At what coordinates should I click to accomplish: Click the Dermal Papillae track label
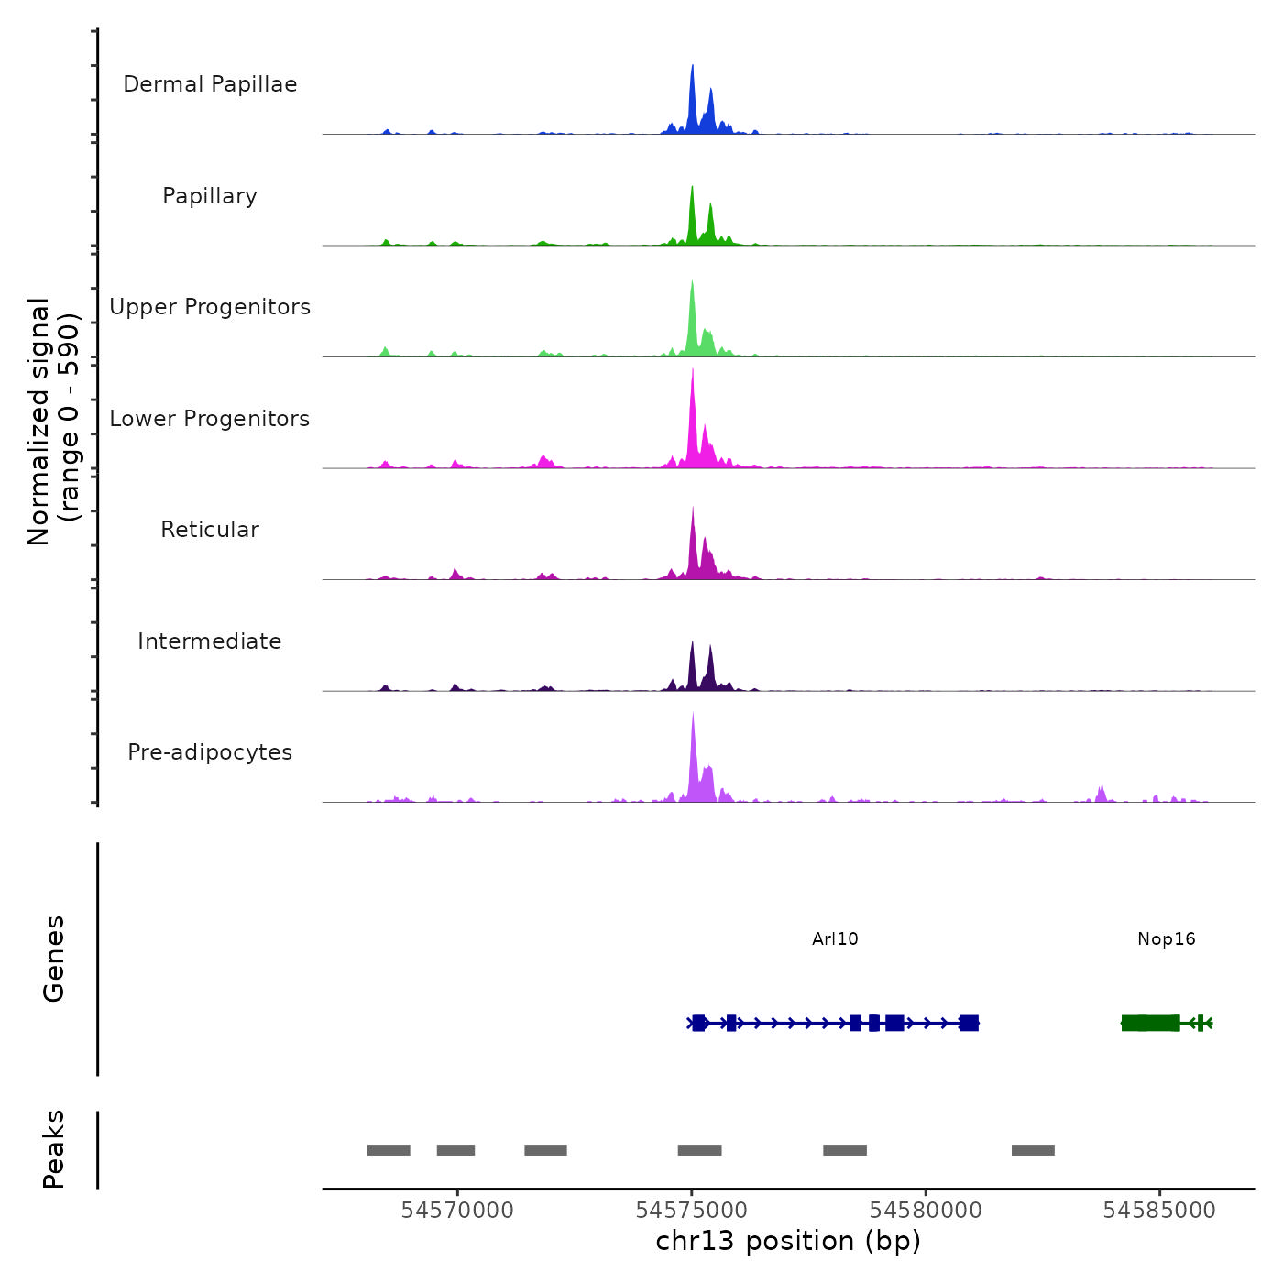pos(210,84)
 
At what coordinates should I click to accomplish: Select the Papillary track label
pos(210,196)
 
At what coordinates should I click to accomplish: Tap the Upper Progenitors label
pos(210,307)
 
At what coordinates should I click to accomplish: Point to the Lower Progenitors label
pos(210,419)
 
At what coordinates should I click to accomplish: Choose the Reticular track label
pos(210,530)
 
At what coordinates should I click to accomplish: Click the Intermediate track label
pos(210,641)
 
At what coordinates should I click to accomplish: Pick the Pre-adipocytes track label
pos(210,752)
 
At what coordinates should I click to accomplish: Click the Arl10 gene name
pos(835,938)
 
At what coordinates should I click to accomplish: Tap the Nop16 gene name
pos(1166,938)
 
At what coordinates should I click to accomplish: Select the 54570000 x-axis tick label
pos(457,1211)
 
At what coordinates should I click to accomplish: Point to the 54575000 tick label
pos(692,1211)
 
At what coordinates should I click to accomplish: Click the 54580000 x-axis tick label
pos(926,1211)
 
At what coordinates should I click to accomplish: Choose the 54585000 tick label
pos(1159,1211)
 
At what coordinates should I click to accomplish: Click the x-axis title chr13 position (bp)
pos(788,1241)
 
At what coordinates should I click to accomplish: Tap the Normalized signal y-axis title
pos(53,422)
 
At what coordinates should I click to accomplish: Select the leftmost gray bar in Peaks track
pos(389,1150)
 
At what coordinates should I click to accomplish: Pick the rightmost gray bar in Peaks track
pos(1033,1150)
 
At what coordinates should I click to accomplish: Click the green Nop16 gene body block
pos(1150,1023)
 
